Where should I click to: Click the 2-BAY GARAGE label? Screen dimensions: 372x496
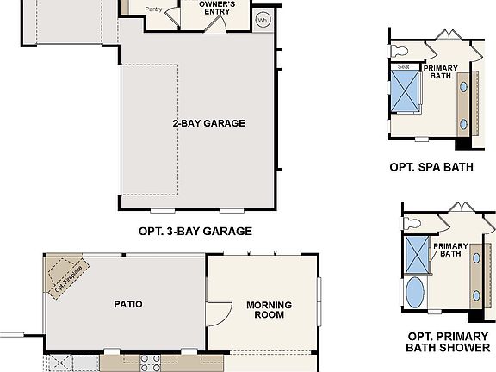(208, 123)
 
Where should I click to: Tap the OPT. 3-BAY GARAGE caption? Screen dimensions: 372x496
(195, 231)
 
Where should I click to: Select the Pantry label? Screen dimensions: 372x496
(153, 9)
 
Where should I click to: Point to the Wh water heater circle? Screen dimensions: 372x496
(263, 18)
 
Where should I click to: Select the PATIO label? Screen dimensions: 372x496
(127, 304)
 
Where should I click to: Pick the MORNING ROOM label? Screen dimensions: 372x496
(269, 309)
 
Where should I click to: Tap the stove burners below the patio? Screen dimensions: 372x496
(150, 362)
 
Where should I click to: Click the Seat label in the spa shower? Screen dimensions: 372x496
(403, 66)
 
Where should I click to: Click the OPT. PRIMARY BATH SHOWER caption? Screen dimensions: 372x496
(448, 342)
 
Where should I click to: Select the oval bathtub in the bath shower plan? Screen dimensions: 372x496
(415, 292)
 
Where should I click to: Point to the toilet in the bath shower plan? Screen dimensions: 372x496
(411, 222)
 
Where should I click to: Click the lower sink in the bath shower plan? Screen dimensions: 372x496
(476, 296)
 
